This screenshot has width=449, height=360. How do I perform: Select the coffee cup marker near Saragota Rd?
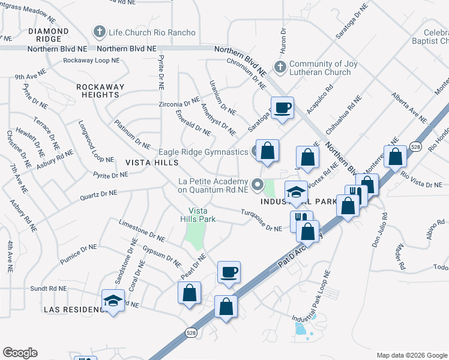tap(282, 108)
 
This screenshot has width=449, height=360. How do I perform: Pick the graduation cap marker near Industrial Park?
tap(296, 193)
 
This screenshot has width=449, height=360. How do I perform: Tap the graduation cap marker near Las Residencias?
tap(113, 301)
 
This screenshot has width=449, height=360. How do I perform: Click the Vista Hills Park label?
tap(202, 215)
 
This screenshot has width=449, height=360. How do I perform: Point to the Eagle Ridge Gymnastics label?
tap(203, 152)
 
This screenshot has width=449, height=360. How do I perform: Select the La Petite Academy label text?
tap(213, 186)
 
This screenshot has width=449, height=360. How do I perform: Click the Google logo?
tap(20, 353)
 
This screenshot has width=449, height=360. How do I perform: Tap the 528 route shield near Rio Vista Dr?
tap(416, 146)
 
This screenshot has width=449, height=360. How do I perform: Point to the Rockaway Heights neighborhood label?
tap(100, 91)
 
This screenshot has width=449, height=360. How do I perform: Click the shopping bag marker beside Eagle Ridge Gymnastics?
tap(267, 151)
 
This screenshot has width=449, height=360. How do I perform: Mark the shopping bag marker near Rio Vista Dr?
tap(395, 157)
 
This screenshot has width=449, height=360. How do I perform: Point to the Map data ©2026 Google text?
tap(411, 355)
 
